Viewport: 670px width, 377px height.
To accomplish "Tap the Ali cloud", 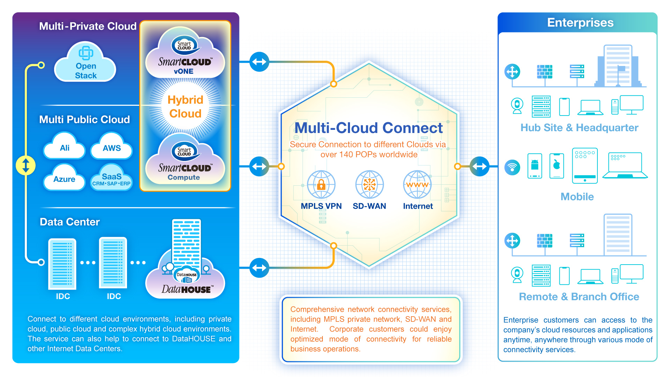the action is pos(64,146).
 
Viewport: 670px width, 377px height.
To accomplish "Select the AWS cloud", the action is pos(112,146).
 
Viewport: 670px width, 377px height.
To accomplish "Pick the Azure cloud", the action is pos(64,177).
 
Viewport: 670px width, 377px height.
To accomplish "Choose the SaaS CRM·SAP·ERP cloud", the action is pos(112,177).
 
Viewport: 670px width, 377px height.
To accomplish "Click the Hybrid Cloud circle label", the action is pos(185,106).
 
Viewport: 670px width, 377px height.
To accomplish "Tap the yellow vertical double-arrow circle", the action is pos(26,165).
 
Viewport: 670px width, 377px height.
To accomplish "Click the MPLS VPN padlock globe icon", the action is pos(321,185).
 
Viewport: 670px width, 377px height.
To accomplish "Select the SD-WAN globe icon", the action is pos(369,185).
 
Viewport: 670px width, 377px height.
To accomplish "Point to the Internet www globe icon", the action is pos(417,185).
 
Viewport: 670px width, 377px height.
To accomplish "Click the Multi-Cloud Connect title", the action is pos(369,128).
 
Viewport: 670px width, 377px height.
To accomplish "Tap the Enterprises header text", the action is pos(580,22).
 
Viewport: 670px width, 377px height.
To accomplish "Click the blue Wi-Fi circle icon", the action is pos(512,168).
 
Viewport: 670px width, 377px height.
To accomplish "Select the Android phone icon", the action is pos(535,166).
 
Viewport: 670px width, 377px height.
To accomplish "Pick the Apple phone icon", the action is pos(557,166).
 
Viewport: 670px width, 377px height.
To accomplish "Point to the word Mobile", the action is pos(577,197).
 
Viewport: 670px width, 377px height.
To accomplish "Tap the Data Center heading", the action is pos(70,222).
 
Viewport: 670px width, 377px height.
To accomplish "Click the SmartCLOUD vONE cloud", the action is pos(185,52).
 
